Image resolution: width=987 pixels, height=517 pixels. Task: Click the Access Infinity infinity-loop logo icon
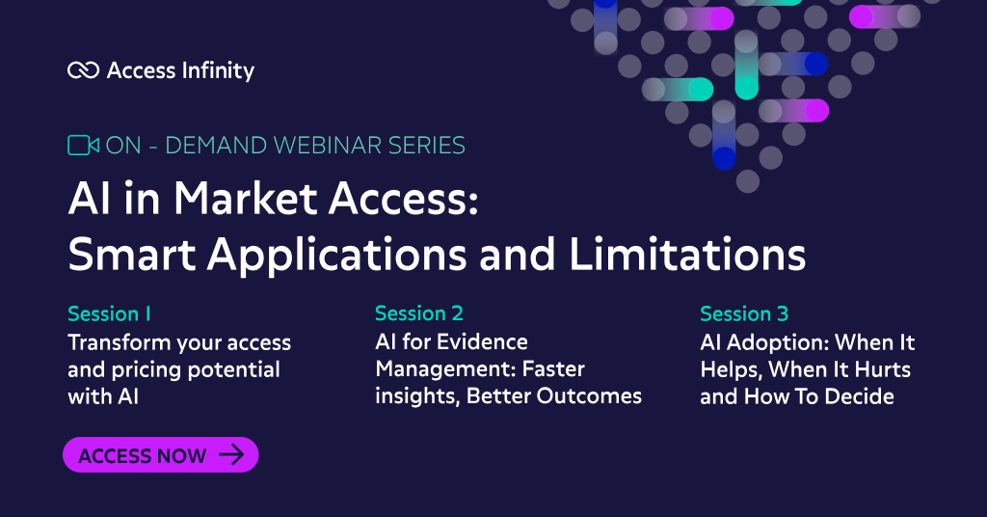click(84, 70)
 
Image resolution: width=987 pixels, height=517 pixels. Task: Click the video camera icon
click(83, 146)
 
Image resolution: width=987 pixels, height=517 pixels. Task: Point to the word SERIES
click(428, 146)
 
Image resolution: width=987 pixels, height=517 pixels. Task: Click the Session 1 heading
click(109, 313)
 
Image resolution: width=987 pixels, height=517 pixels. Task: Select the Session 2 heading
click(419, 313)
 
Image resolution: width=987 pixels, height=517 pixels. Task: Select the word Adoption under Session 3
click(782, 342)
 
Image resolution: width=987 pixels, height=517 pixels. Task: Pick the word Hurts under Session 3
click(878, 369)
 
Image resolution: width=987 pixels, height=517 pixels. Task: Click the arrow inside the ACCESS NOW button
click(231, 455)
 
